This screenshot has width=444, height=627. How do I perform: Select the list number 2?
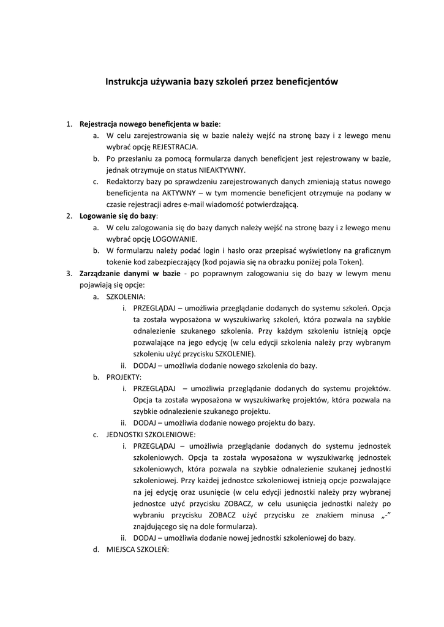[x=69, y=216]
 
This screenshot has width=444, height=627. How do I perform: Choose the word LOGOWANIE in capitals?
[x=175, y=239]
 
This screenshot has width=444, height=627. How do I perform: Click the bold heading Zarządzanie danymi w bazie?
[x=130, y=273]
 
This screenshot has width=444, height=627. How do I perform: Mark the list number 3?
[x=69, y=273]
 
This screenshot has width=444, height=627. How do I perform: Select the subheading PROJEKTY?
[x=124, y=377]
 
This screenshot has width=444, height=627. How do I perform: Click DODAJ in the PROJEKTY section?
[x=145, y=422]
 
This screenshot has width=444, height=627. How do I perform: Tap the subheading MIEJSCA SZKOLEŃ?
[x=138, y=549]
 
